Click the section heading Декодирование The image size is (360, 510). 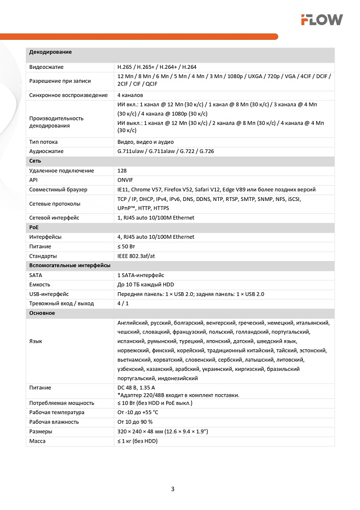pyautogui.click(x=50, y=52)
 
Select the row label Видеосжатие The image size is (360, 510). pyautogui.click(x=46, y=67)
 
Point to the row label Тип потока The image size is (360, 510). pyautogui.click(x=43, y=142)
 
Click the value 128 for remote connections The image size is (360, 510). pyautogui.click(x=122, y=171)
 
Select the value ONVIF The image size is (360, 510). pyautogui.click(x=125, y=180)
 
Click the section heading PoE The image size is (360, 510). pyautogui.click(x=34, y=227)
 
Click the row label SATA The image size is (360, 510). pyautogui.click(x=36, y=275)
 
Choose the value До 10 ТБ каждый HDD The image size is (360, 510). pyautogui.click(x=146, y=285)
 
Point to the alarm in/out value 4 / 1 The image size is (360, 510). pyautogui.click(x=123, y=303)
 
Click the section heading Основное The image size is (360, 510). pyautogui.click(x=42, y=313)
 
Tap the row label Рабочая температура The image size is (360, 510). pyautogui.click(x=57, y=413)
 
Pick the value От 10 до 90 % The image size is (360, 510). pyautogui.click(x=135, y=422)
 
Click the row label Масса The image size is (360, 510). pyautogui.click(x=37, y=441)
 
